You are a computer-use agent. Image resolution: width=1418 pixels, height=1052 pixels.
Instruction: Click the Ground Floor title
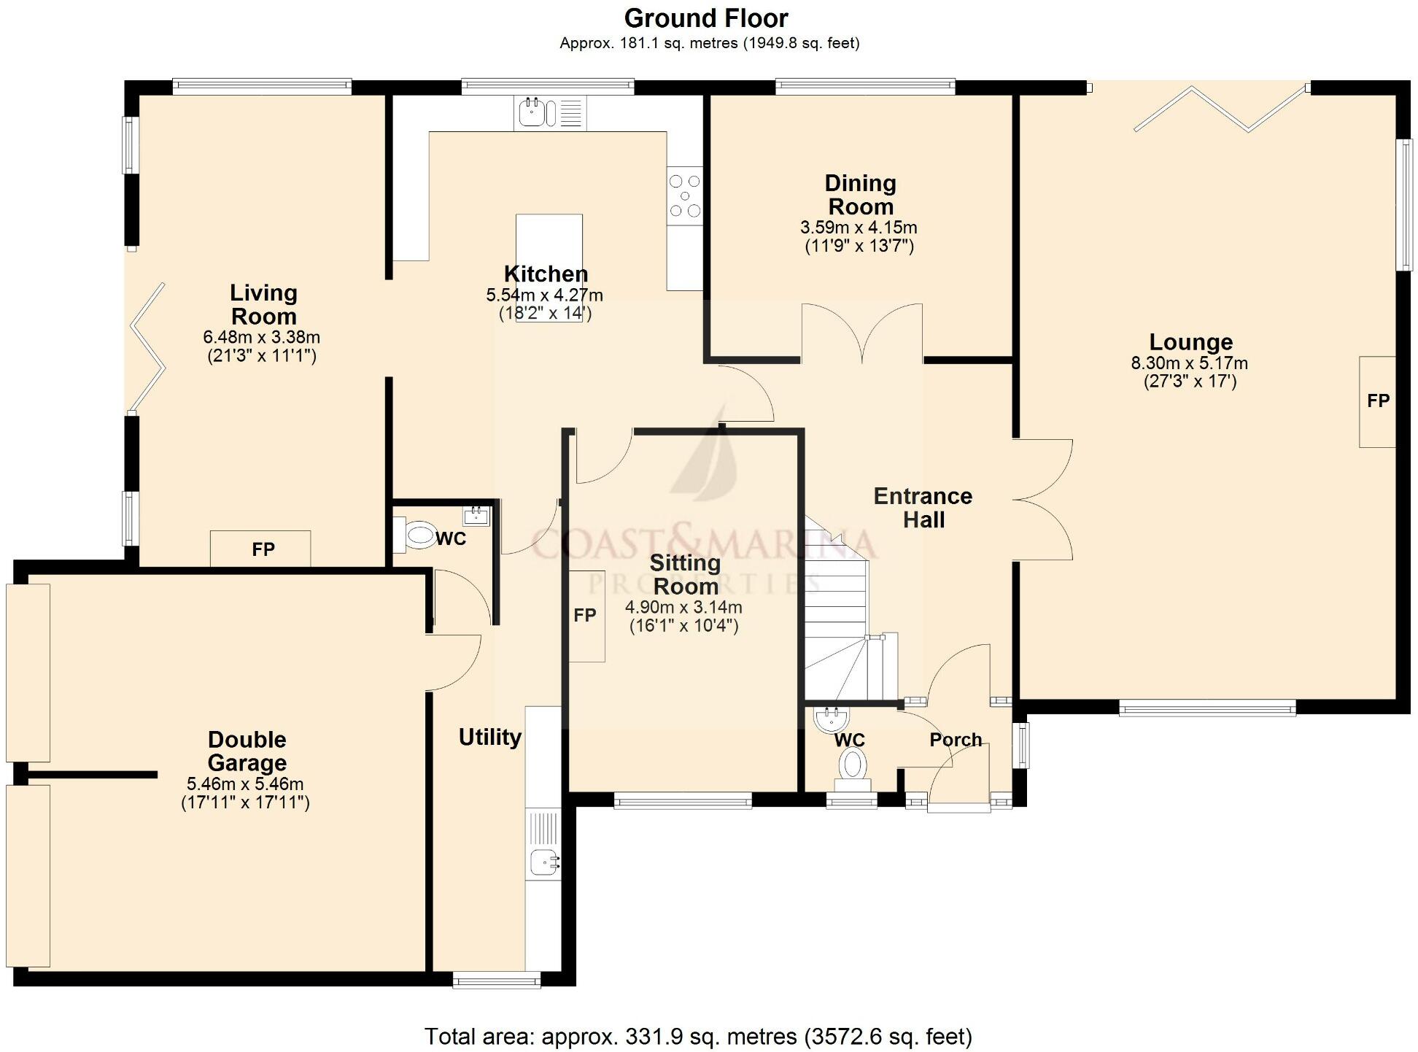(705, 18)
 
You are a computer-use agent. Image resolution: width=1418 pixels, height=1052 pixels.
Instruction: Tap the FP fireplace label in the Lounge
(1377, 401)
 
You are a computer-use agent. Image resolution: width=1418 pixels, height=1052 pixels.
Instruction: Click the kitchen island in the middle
(549, 241)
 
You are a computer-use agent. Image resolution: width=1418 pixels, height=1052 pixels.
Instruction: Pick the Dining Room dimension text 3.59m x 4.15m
(859, 228)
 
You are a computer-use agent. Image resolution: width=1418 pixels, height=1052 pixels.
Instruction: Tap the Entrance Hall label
(923, 508)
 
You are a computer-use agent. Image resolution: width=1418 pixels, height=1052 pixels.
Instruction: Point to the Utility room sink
(543, 862)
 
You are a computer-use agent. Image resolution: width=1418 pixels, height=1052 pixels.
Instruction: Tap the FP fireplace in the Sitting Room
(586, 616)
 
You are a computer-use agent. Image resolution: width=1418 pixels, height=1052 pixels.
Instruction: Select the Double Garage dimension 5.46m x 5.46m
(245, 784)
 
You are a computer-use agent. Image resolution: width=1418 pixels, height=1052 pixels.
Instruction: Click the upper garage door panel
(28, 673)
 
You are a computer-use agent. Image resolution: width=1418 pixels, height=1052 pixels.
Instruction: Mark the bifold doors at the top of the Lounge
(1220, 109)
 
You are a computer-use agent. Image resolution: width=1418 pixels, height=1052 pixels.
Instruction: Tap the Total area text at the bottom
(697, 1036)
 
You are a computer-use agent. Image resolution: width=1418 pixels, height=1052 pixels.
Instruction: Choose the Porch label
(955, 740)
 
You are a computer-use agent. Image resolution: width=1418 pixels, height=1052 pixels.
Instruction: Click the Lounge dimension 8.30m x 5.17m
(1189, 363)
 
